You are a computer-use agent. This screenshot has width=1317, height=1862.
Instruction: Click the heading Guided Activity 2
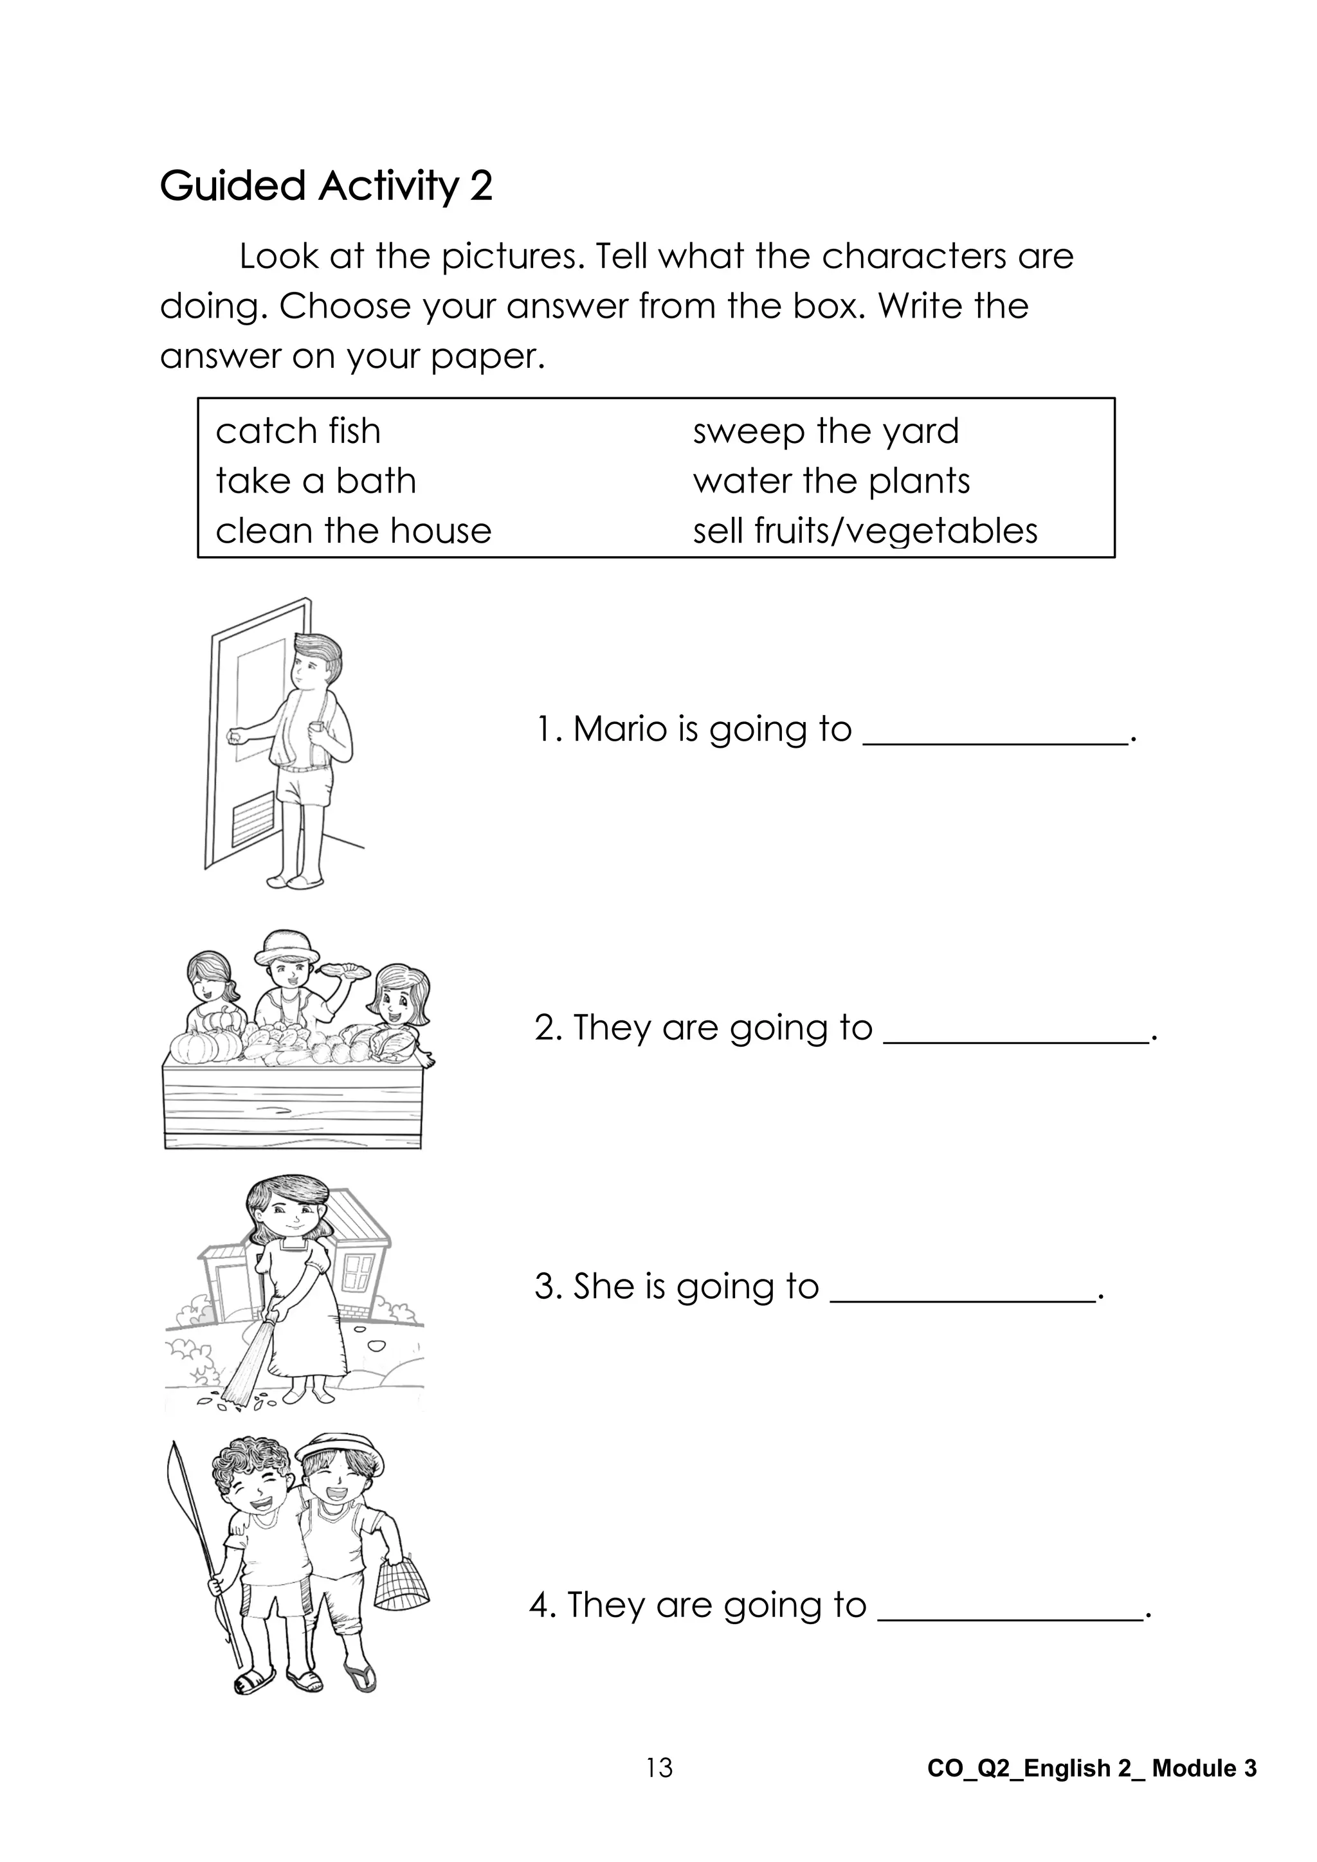pos(326,186)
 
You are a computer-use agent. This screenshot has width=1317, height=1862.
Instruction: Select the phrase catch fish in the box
pos(298,431)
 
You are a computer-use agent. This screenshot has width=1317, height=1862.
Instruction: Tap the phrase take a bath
pos(316,481)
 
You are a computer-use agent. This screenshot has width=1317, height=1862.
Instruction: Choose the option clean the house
pos(354,531)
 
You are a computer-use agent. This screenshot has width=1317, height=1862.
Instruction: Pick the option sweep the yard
pos(826,431)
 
